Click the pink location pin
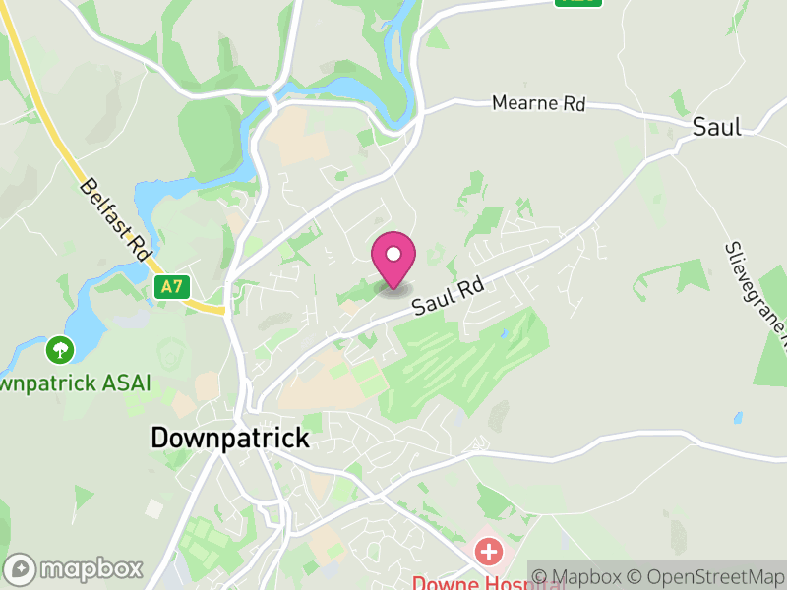click(393, 258)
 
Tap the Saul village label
click(716, 126)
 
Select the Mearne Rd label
click(538, 103)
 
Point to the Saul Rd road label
click(449, 294)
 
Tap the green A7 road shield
click(171, 286)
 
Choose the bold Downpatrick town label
click(229, 438)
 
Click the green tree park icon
click(61, 348)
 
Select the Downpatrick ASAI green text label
click(74, 382)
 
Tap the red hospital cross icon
click(487, 551)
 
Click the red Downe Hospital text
click(472, 582)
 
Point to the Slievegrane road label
click(757, 295)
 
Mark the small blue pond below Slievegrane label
click(738, 417)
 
